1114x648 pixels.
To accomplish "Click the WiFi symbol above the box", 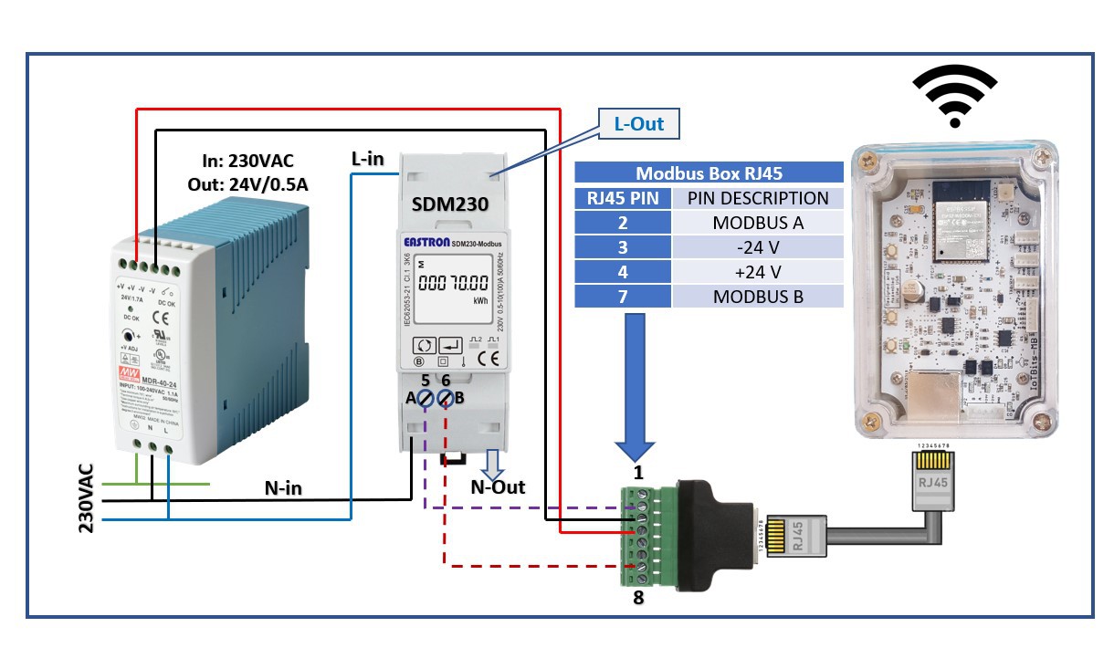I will pyautogui.click(x=954, y=97).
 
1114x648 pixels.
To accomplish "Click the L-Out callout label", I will pyautogui.click(x=638, y=123).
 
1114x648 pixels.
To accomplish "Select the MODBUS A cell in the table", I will pyautogui.click(x=757, y=223).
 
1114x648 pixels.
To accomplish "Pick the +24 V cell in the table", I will pyautogui.click(x=757, y=272).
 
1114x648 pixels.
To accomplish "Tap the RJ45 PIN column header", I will pyautogui.click(x=622, y=198).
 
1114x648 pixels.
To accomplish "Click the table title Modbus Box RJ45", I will pyautogui.click(x=708, y=173).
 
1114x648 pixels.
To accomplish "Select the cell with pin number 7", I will pyautogui.click(x=622, y=297).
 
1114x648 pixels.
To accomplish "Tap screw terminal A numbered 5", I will pyautogui.click(x=426, y=398).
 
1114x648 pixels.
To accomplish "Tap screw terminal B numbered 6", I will pyautogui.click(x=446, y=398).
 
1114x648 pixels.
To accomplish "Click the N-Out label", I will pyautogui.click(x=498, y=487).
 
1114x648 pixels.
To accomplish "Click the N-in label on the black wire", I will pyautogui.click(x=283, y=488).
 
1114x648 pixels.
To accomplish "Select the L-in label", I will pyautogui.click(x=368, y=159).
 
